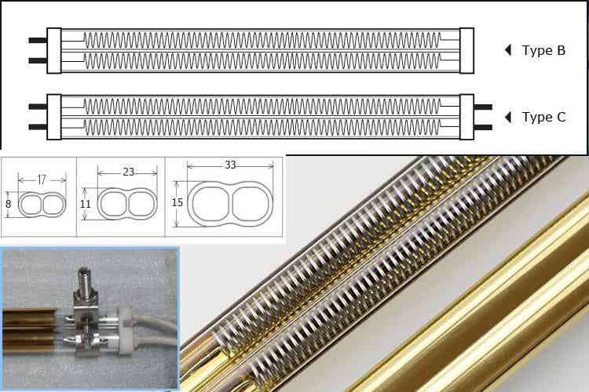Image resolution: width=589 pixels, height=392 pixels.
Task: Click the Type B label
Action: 543,50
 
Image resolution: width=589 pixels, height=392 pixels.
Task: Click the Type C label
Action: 543,117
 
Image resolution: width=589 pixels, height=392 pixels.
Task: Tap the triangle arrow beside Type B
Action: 508,50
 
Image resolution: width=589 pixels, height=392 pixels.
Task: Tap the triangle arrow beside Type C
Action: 508,117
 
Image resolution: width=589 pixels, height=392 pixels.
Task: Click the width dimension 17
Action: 42,180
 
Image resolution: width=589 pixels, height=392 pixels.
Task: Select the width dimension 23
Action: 129,172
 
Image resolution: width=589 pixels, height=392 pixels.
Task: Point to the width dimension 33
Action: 230,165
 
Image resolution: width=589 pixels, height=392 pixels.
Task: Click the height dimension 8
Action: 9,204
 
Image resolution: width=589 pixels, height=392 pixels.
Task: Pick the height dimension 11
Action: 86,204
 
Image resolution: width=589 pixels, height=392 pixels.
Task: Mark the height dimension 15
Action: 177,202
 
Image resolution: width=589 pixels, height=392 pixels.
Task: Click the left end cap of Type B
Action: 54,51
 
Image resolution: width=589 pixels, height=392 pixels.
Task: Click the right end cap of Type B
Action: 467,51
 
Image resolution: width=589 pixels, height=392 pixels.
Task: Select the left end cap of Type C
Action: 54,117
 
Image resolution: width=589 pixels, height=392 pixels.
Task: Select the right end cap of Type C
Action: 467,117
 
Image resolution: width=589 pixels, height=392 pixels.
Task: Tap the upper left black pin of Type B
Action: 38,40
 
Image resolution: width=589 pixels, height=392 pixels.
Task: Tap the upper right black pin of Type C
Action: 483,107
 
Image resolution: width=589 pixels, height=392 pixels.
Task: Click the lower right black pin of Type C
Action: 483,128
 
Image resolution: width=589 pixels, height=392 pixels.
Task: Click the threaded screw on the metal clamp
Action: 84,281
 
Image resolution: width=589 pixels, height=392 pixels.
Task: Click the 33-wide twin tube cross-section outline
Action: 187,204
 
